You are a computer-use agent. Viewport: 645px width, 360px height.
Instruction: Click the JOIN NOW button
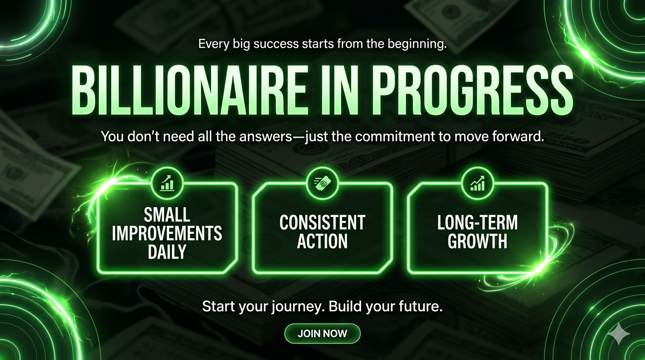[x=322, y=333]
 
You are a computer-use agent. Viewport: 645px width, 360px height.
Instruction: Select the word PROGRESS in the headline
[x=473, y=90]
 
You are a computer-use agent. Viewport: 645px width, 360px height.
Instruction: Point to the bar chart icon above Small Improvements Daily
[x=167, y=183]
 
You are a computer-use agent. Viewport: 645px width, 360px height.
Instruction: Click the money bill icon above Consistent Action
[x=322, y=183]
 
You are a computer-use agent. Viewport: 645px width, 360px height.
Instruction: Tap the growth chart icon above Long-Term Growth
[x=477, y=183]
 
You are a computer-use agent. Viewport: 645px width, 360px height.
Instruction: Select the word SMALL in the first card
[x=167, y=215]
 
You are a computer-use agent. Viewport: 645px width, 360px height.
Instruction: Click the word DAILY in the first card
[x=167, y=251]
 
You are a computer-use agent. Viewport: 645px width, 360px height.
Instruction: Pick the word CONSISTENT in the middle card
[x=322, y=222]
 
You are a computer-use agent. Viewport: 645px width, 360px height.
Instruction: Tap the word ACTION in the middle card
[x=322, y=241]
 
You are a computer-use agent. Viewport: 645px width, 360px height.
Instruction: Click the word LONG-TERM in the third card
[x=477, y=222]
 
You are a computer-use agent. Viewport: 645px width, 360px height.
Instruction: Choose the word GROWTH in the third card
[x=477, y=241]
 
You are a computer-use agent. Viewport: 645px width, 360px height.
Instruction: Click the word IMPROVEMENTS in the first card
[x=167, y=233]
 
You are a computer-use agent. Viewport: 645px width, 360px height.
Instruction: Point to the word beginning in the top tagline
[x=417, y=45]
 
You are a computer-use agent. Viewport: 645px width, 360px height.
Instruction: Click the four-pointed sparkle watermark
[x=619, y=333]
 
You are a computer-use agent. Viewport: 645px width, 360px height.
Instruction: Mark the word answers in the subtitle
[x=266, y=136]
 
